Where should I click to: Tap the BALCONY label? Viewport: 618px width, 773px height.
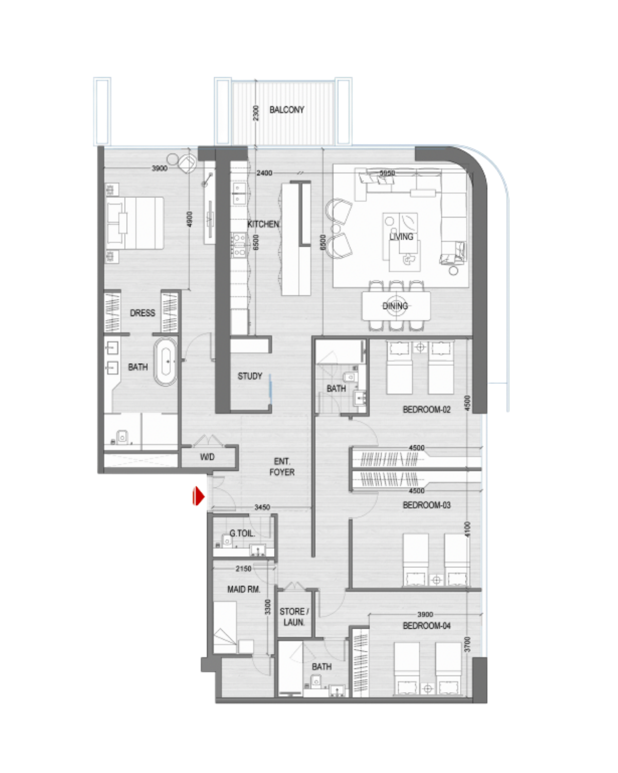286,110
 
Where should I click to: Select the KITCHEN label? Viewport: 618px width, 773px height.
263,224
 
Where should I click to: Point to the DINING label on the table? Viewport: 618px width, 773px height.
395,306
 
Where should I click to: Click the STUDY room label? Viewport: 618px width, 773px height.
250,376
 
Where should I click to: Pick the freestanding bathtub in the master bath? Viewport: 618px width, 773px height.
166,362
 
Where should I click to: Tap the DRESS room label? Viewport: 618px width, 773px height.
143,313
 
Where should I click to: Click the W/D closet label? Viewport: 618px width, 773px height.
207,457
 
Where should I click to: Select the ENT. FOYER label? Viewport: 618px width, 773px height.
282,466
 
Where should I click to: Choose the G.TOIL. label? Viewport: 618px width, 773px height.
243,533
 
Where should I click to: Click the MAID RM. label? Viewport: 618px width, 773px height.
244,590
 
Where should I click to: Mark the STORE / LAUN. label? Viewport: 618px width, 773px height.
295,617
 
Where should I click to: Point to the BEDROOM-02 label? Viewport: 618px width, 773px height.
426,410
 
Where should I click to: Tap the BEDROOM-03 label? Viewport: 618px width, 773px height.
426,505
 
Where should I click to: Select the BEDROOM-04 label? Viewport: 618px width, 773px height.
426,626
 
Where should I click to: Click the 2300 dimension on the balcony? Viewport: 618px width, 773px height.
255,113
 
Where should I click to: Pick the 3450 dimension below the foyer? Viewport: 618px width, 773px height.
262,507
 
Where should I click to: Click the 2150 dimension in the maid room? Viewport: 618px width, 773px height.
244,568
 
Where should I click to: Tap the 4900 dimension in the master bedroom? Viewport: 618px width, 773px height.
190,219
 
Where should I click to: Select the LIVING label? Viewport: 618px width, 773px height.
401,237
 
